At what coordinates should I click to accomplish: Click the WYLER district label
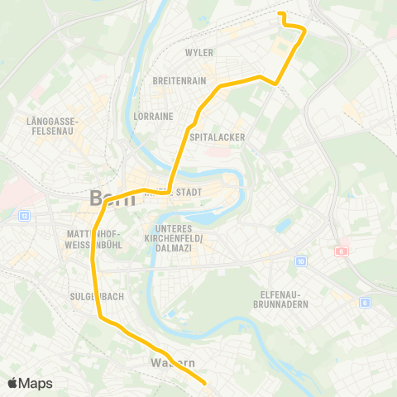coord(199,53)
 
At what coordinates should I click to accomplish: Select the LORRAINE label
coord(153,117)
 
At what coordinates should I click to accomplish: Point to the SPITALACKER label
coord(214,137)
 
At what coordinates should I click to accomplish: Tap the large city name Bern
coord(110,198)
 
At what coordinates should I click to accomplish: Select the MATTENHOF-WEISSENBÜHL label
coord(93,238)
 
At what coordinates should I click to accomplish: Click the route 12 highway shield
coord(24,216)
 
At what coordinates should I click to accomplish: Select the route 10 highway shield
coord(300,261)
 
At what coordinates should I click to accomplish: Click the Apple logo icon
coord(12,383)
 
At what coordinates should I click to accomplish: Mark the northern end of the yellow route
coord(280,14)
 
